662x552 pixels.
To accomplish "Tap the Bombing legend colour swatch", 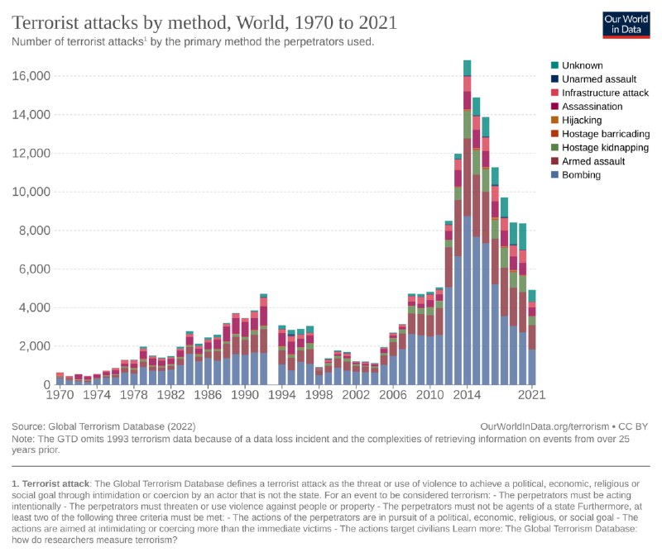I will point(554,175).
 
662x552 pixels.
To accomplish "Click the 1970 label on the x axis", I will point(60,397).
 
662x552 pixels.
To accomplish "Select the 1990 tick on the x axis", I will point(245,397).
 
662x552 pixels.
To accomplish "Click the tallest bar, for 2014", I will point(468,223).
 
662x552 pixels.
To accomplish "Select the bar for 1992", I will point(263,340).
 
